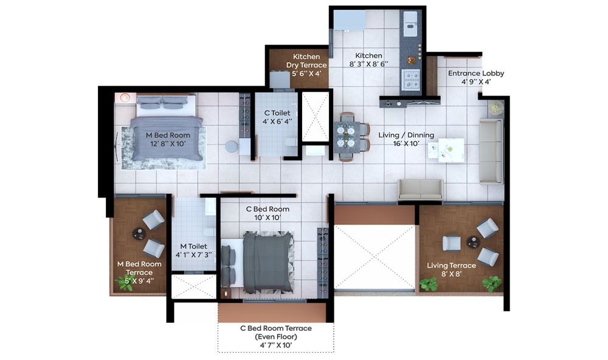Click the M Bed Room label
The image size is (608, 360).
[168, 136]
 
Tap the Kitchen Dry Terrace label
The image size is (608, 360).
[306, 61]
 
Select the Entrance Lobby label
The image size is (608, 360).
[476, 74]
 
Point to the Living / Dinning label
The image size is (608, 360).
[406, 135]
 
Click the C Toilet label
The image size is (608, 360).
[277, 113]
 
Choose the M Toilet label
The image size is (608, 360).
[193, 246]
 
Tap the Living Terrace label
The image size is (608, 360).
[451, 265]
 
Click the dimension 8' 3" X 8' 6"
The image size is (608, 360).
[368, 64]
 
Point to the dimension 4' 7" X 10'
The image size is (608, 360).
[275, 345]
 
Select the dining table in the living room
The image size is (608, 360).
[347, 137]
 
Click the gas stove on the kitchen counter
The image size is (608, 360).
[410, 80]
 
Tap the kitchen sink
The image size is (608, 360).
[410, 23]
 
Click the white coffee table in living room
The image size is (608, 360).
[446, 150]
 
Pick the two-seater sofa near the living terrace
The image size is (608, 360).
[420, 190]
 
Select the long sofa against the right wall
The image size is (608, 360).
[491, 151]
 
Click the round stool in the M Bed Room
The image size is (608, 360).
[232, 146]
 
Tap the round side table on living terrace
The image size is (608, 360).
[472, 241]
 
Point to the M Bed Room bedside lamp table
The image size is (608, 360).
[125, 98]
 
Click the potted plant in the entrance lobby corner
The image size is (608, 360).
[496, 107]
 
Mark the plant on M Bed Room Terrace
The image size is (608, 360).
[125, 282]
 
